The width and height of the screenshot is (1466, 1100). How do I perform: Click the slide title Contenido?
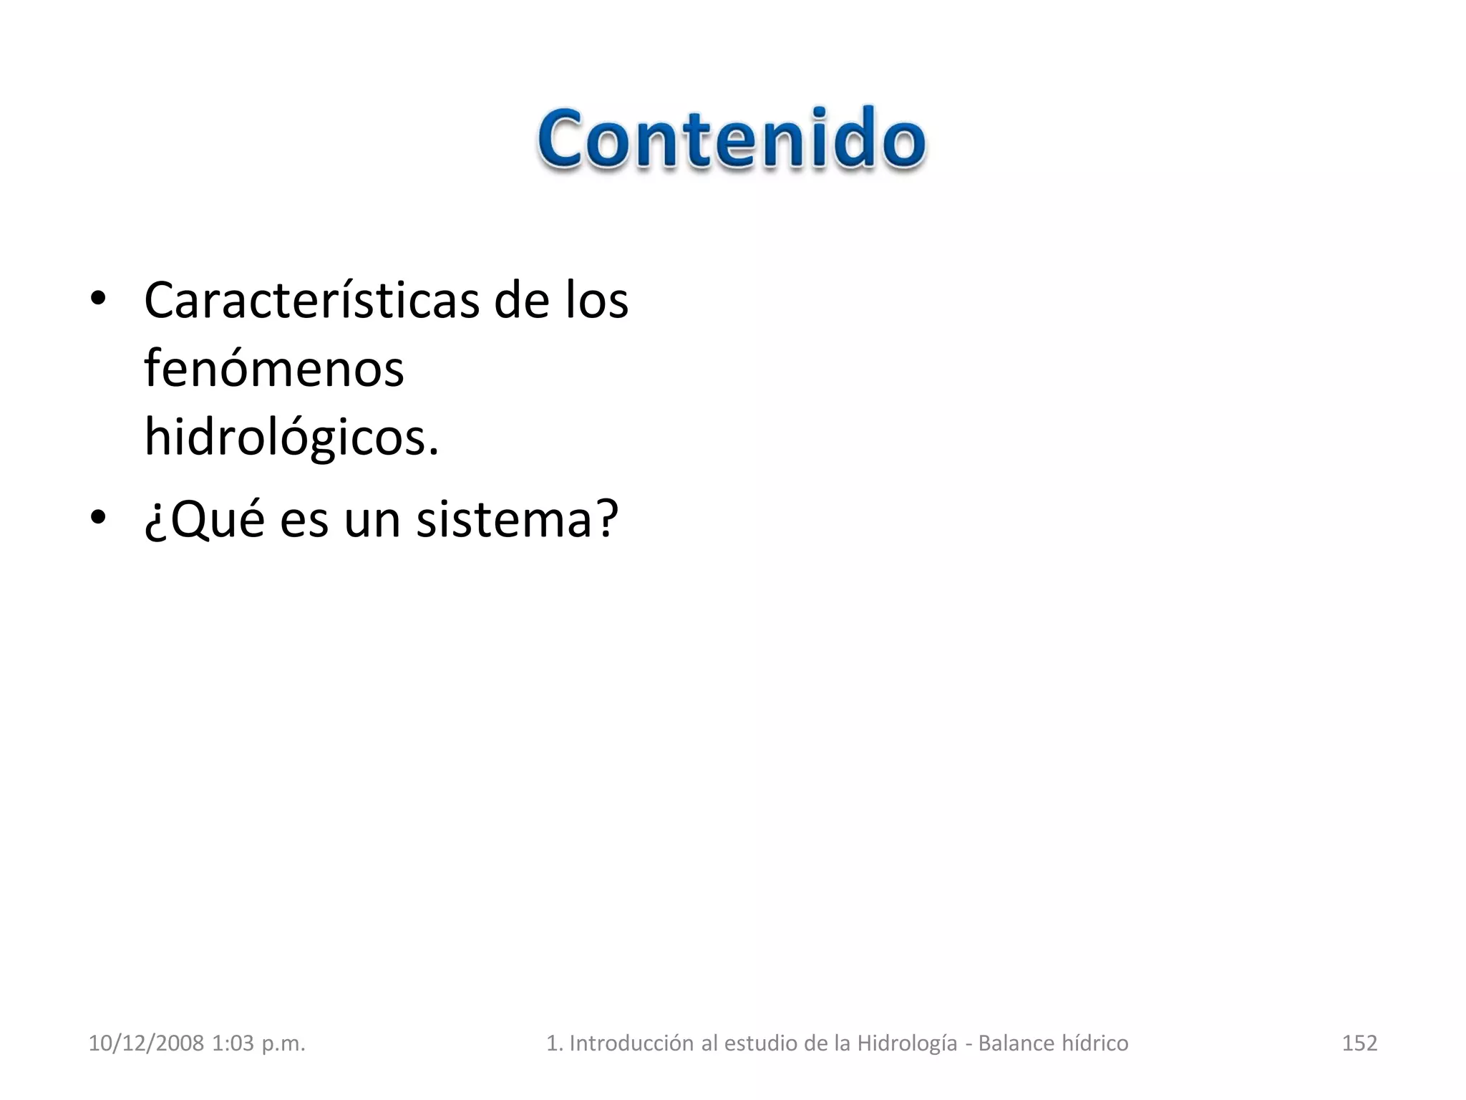tap(732, 140)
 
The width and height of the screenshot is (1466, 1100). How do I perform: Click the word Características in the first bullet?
tap(311, 301)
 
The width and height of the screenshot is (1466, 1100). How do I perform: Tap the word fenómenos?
tap(274, 370)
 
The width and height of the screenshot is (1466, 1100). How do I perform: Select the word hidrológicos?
tap(291, 437)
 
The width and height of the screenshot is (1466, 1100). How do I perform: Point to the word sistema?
tap(517, 519)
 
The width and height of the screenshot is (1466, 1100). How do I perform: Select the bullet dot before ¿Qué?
tap(98, 516)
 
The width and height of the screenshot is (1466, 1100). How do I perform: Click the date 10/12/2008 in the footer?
tap(146, 1043)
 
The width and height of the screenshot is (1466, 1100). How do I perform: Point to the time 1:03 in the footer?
tap(233, 1043)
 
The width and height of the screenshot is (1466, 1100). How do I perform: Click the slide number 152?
tap(1359, 1043)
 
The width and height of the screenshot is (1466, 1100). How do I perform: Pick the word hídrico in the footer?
tap(1094, 1043)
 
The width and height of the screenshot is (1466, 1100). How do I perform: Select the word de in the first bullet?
tap(521, 301)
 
